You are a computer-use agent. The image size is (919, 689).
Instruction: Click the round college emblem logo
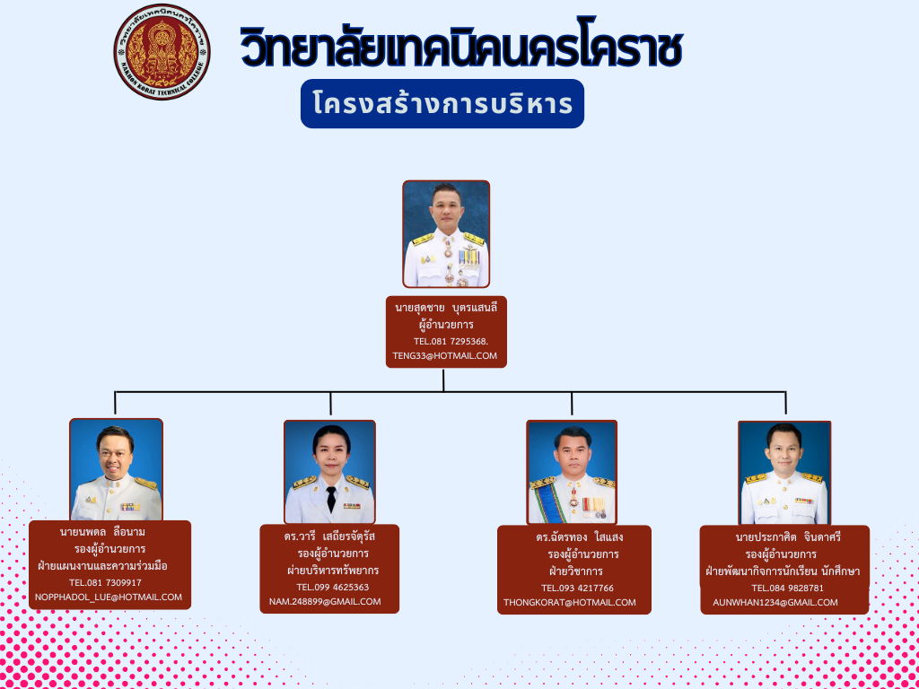coord(162,51)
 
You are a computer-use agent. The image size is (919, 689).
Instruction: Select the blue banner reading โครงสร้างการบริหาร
coord(442,104)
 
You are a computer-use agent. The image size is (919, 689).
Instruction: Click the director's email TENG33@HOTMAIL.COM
coord(445,355)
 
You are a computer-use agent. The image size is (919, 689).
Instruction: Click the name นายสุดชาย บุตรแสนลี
coord(446,309)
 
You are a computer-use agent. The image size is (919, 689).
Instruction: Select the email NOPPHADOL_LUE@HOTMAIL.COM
coord(109,597)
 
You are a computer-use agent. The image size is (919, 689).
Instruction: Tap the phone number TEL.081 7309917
coord(105,582)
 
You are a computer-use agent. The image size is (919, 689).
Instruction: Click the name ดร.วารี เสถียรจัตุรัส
coord(328,537)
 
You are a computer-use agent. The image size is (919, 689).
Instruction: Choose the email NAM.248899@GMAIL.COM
coord(325,601)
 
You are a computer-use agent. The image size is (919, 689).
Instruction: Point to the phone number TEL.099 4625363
coord(332,587)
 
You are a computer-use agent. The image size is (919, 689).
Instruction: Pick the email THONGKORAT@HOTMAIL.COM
coord(570,602)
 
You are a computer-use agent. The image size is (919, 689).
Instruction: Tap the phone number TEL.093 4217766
coord(577,588)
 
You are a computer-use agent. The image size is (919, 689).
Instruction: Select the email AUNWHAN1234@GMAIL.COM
coord(775,602)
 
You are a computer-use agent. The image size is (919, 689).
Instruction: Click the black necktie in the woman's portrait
coord(331,499)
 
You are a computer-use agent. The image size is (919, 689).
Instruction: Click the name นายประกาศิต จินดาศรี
coord(788,537)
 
